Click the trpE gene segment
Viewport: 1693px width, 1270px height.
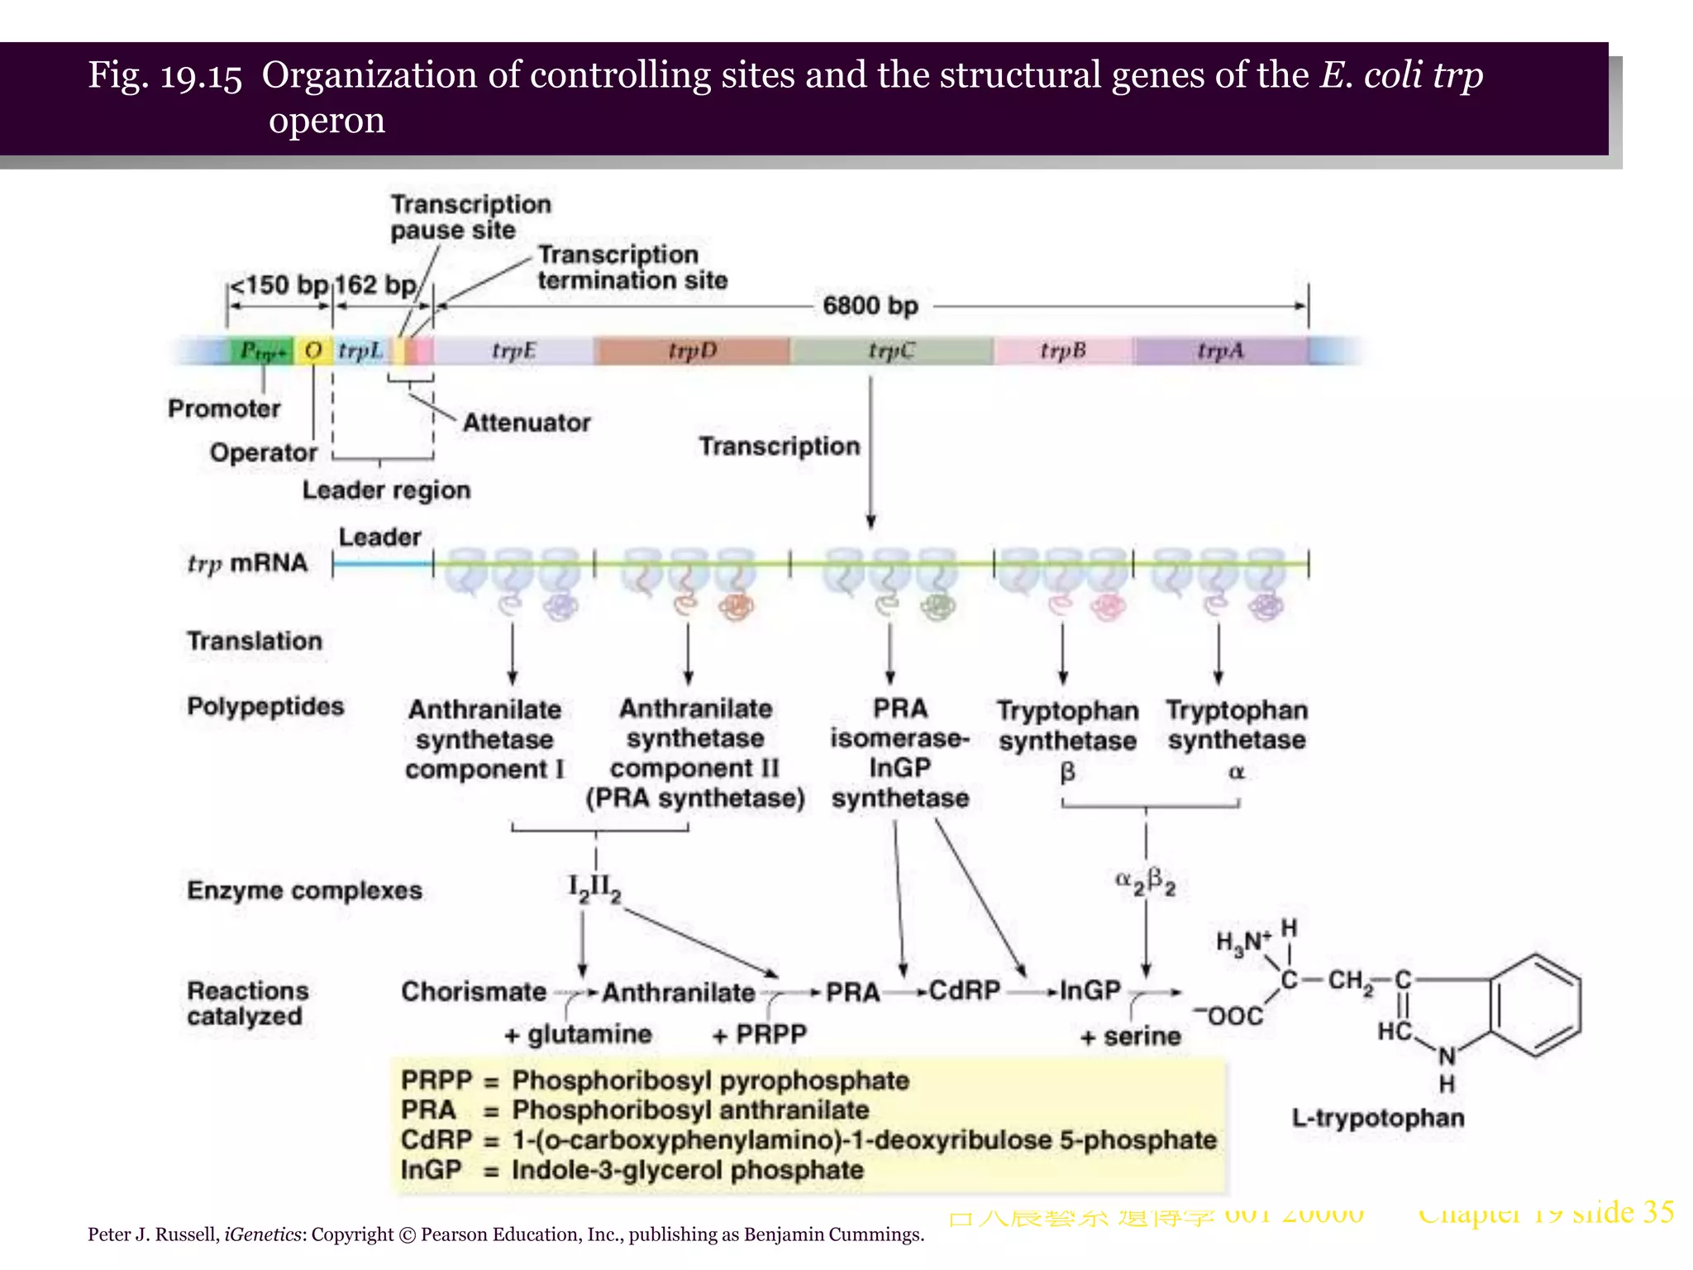513,351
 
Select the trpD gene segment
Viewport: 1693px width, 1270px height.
692,351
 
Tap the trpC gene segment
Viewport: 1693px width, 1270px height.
891,351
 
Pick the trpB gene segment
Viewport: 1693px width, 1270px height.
1062,351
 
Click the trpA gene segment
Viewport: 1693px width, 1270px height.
1220,351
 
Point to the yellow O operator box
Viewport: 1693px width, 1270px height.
313,351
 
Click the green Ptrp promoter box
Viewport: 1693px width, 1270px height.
261,351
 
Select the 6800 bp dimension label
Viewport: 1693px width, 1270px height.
870,306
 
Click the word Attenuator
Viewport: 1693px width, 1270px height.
527,423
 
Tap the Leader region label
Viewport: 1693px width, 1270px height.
386,490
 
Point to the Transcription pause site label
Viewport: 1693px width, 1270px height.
470,217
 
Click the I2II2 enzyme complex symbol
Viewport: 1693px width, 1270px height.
594,889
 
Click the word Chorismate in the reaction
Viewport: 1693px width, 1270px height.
474,991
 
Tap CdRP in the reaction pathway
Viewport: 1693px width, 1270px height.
964,991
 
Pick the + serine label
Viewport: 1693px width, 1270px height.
1130,1036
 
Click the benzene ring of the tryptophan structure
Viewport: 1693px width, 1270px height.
1536,1005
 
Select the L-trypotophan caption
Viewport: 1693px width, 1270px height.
1378,1119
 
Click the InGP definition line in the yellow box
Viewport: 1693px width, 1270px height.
632,1170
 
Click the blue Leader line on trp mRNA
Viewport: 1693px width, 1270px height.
382,565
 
